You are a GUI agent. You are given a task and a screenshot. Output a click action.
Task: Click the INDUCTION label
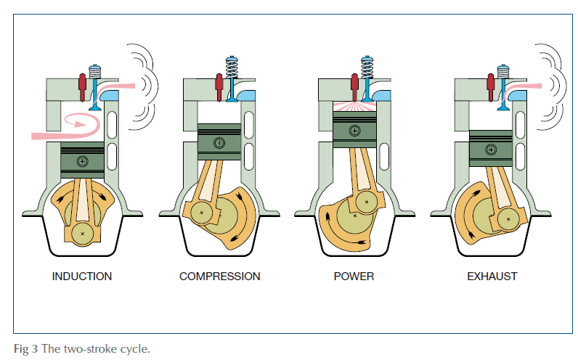[x=82, y=277]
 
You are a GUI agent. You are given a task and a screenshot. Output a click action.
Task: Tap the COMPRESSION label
[x=220, y=277]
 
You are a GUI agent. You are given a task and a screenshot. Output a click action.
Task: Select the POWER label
[x=354, y=277]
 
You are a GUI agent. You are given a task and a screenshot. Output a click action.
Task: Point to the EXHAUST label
[x=492, y=277]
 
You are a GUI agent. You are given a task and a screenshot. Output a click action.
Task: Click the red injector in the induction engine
[x=83, y=87]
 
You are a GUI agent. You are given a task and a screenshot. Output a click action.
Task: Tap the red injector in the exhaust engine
[x=491, y=87]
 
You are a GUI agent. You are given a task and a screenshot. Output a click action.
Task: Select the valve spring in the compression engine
[x=232, y=67]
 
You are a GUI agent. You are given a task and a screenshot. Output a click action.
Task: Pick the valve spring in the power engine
[x=367, y=67]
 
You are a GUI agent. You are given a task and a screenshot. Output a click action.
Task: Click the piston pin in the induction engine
[x=83, y=161]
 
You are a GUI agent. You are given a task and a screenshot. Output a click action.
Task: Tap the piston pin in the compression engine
[x=219, y=143]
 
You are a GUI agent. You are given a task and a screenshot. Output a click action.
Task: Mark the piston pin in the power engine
[x=355, y=131]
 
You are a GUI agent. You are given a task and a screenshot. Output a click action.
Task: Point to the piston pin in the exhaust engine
[x=491, y=150]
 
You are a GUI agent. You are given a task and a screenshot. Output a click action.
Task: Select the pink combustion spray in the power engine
[x=354, y=107]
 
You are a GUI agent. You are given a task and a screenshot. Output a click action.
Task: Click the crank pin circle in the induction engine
[x=83, y=234]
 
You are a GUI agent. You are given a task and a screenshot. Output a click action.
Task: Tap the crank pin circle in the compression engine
[x=202, y=213]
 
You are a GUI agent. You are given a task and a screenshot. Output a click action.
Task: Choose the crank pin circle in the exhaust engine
[x=509, y=219]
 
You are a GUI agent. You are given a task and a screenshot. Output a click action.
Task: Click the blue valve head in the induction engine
[x=95, y=107]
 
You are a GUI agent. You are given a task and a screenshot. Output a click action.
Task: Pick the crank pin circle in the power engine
[x=367, y=202]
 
